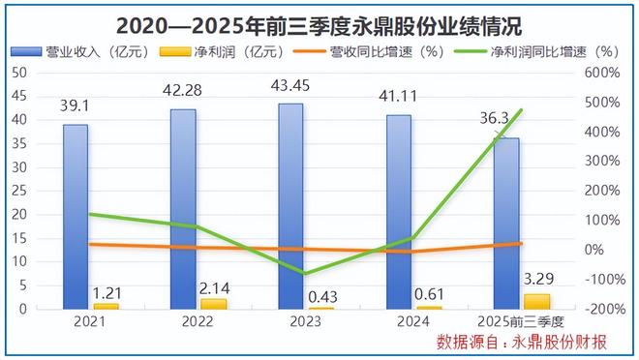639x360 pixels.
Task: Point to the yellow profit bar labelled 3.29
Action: pyautogui.click(x=537, y=300)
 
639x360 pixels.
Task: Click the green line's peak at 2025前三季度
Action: pyautogui.click(x=522, y=110)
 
